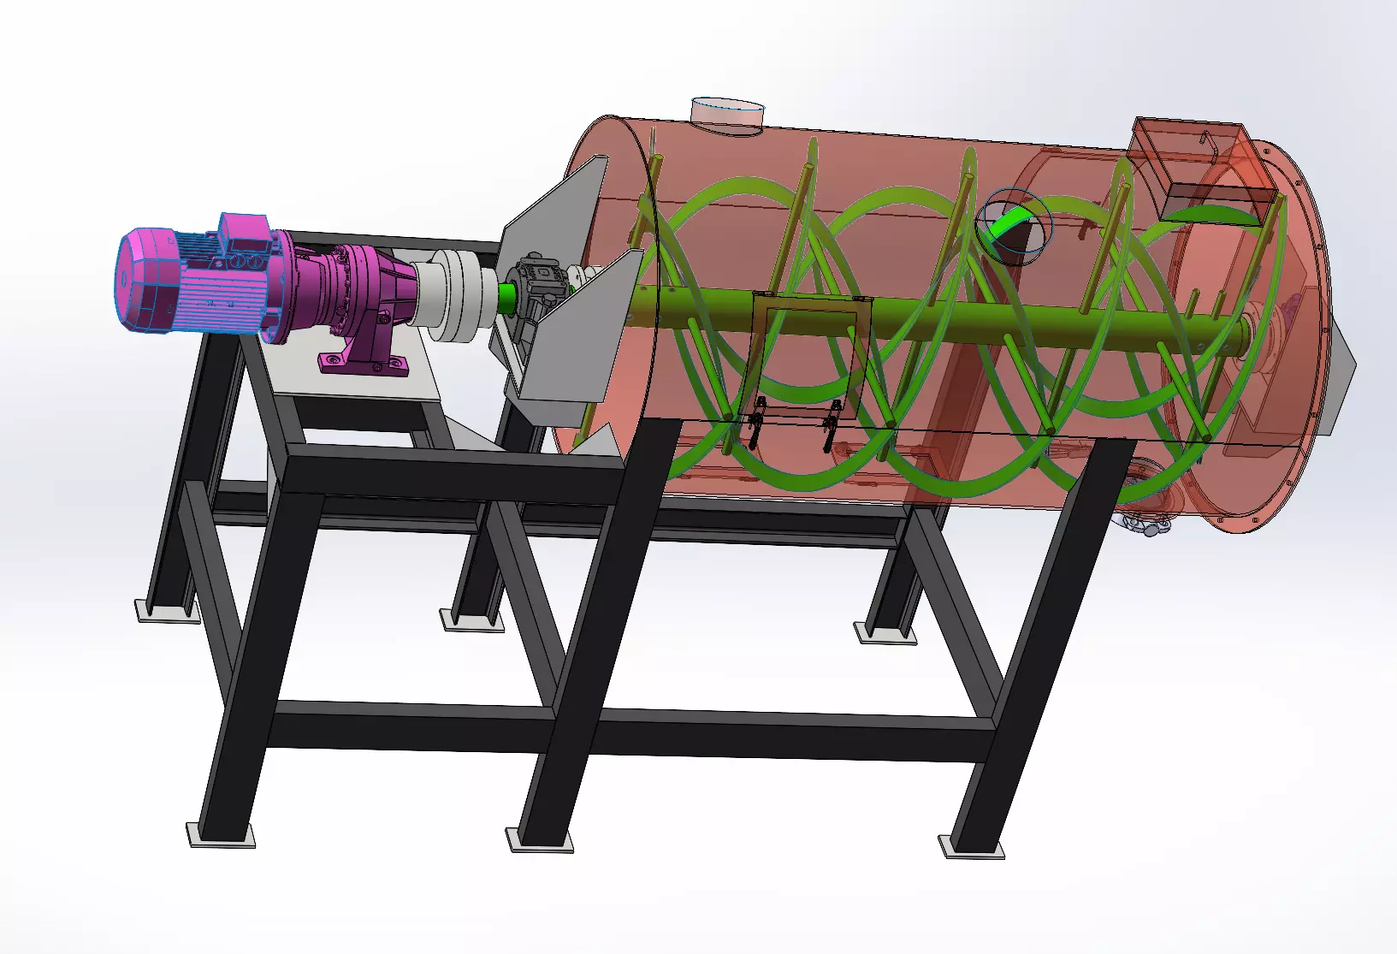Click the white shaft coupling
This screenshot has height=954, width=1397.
tap(458, 295)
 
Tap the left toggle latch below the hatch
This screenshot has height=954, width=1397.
tap(755, 424)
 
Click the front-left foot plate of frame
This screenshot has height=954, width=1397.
tap(221, 835)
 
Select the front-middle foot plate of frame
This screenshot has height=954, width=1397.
tap(539, 839)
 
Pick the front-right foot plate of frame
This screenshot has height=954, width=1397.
tap(971, 846)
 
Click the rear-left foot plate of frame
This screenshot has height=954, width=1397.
tap(167, 611)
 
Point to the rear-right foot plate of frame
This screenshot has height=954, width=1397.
tap(885, 633)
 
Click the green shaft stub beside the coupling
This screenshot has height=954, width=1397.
tap(505, 297)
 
